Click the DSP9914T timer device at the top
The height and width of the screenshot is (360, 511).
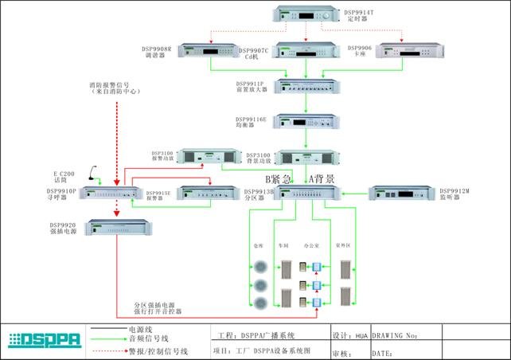(307, 14)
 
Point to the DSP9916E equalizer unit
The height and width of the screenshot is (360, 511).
(307, 121)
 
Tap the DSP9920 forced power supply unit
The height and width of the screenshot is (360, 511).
(114, 229)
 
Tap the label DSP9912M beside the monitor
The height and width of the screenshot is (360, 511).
(456, 191)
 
